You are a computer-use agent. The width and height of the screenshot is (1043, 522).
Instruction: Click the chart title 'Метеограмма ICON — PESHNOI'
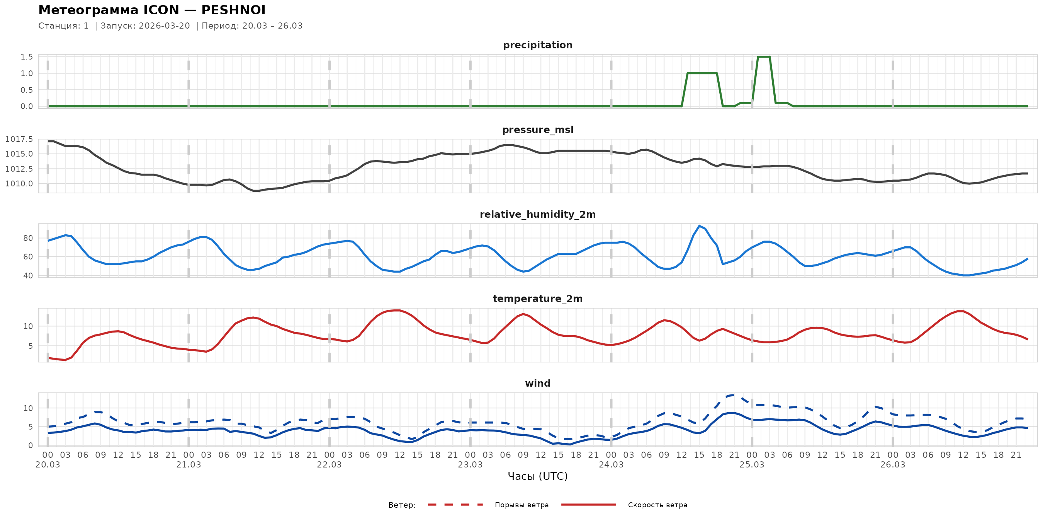point(152,10)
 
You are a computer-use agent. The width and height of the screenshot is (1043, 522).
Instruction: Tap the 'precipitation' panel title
point(537,45)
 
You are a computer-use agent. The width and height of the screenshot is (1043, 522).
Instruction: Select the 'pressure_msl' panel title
point(537,130)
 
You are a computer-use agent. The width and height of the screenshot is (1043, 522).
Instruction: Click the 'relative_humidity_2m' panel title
point(537,214)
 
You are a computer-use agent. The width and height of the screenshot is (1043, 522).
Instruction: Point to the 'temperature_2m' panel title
point(537,299)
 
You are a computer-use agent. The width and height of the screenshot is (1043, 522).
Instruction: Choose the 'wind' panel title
point(537,384)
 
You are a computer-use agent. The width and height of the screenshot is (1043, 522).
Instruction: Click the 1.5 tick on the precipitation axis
point(27,57)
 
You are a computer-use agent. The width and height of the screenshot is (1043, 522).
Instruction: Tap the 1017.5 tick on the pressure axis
point(19,140)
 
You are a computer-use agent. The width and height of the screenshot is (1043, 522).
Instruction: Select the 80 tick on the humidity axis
point(28,238)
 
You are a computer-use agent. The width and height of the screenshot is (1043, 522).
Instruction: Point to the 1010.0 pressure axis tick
point(19,184)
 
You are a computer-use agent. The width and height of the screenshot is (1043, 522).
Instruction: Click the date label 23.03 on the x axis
point(470,465)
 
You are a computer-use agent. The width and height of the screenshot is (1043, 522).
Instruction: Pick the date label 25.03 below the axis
point(751,465)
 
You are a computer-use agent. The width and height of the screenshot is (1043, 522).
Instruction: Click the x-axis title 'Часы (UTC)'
point(537,476)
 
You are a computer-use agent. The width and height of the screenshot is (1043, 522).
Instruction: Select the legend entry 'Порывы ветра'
point(521,505)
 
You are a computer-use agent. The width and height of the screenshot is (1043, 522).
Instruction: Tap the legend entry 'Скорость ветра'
point(657,505)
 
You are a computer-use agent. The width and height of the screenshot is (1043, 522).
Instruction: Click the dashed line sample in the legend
point(455,505)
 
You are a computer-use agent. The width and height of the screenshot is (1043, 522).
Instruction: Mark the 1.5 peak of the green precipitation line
point(764,57)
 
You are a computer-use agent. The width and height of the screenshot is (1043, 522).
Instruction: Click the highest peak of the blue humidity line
point(699,226)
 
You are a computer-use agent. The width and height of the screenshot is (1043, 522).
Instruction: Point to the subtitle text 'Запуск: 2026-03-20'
point(145,26)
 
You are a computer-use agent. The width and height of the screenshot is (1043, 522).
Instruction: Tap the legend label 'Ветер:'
point(402,505)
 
